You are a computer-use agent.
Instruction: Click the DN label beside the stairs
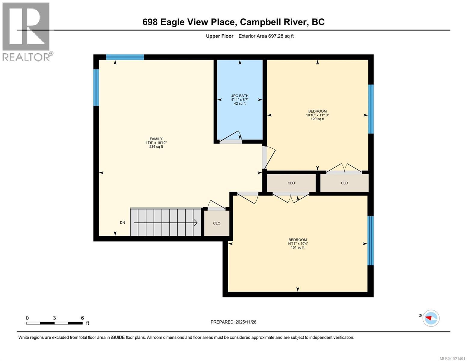pyautogui.click(x=122, y=223)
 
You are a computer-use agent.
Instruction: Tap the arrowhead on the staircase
pyautogui.click(x=195, y=223)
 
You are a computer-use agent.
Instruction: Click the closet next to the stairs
pyautogui.click(x=217, y=223)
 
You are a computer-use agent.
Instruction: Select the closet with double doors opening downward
pyautogui.click(x=291, y=183)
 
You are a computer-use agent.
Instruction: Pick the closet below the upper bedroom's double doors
pyautogui.click(x=344, y=183)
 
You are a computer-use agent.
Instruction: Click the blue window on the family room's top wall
pyautogui.click(x=125, y=57)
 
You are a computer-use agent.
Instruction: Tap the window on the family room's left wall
pyautogui.click(x=96, y=88)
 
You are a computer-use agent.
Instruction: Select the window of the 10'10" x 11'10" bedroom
pyautogui.click(x=371, y=109)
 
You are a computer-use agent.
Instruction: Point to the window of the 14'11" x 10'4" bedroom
pyautogui.click(x=370, y=241)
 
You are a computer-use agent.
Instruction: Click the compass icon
pyautogui.click(x=431, y=318)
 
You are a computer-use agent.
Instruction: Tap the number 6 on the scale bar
pyautogui.click(x=82, y=318)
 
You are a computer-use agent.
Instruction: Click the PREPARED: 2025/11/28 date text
pyautogui.click(x=233, y=322)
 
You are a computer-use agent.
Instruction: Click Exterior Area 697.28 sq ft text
pyautogui.click(x=266, y=36)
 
